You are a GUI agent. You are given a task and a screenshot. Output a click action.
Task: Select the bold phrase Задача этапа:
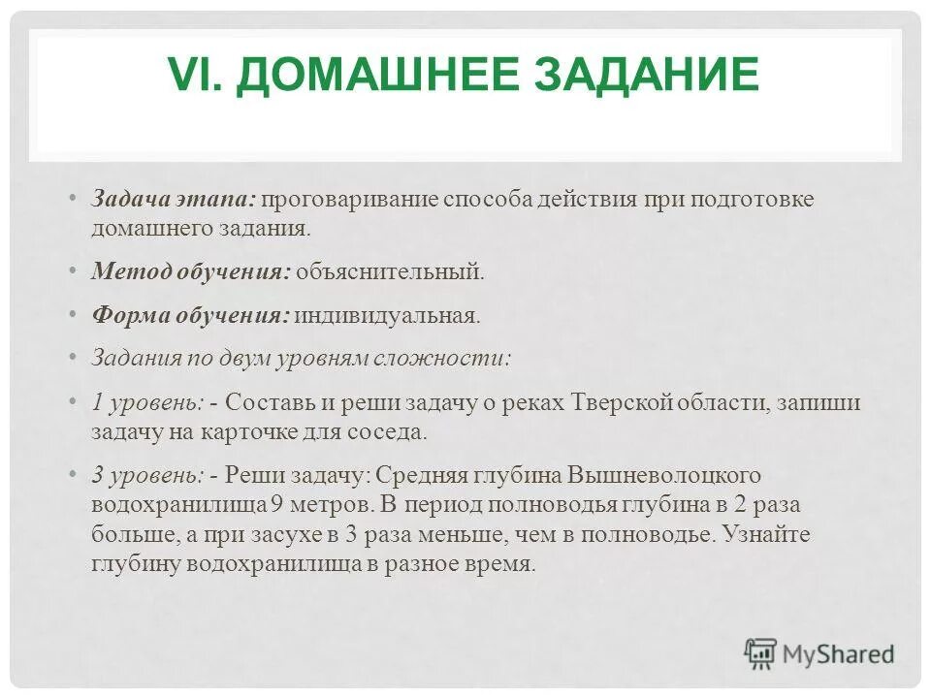click(x=173, y=200)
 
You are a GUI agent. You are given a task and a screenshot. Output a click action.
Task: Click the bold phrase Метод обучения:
click(x=191, y=271)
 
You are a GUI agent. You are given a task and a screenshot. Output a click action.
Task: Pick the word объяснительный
click(x=389, y=271)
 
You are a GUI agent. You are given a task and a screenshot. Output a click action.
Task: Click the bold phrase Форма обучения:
click(x=190, y=316)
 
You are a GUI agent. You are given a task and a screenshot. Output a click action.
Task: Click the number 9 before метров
click(x=276, y=505)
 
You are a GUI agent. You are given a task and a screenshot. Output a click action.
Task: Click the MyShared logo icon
click(x=761, y=654)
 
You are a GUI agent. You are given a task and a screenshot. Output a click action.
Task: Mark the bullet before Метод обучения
click(x=76, y=271)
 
